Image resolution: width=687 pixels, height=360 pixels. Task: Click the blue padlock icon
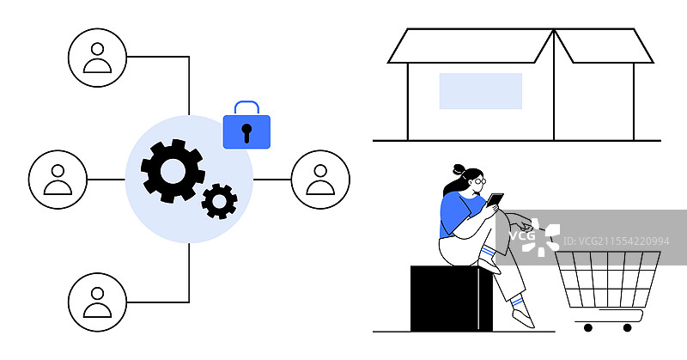point(246,130)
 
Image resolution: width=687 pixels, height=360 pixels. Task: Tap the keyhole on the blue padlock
point(246,132)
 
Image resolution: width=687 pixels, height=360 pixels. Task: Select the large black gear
point(173,171)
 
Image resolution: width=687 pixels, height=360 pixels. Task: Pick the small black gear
point(219,200)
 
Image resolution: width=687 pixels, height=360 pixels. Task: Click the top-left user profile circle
point(97,57)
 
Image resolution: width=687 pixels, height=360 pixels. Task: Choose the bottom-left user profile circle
point(97,302)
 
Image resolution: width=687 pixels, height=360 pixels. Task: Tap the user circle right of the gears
point(320,180)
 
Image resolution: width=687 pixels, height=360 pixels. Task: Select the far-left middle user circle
point(58,180)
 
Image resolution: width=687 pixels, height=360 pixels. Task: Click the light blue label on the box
point(480,91)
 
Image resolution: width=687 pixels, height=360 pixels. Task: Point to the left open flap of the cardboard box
point(471,46)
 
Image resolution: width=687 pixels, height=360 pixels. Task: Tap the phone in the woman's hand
point(495,200)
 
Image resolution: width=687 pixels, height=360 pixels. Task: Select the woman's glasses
point(479,181)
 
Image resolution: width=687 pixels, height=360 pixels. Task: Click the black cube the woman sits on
point(450,298)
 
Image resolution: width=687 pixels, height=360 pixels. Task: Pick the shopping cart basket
point(608,279)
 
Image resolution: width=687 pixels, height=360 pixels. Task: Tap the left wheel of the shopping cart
point(588,327)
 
